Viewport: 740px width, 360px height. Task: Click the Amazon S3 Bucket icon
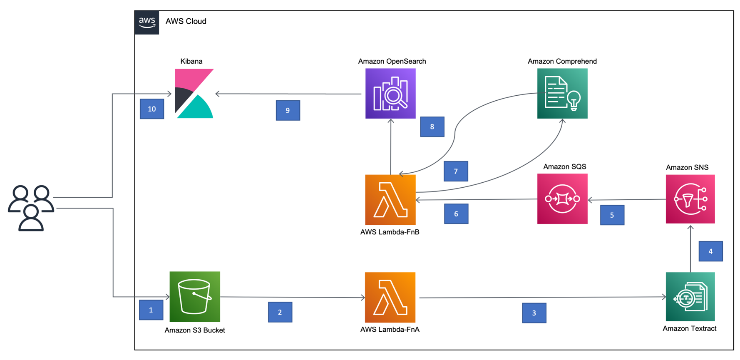tap(195, 296)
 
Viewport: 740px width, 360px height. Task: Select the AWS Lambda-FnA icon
tap(390, 297)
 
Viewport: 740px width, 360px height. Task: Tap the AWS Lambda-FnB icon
tap(390, 200)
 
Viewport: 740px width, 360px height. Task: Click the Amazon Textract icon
tap(690, 296)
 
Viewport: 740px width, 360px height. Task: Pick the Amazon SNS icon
tap(690, 199)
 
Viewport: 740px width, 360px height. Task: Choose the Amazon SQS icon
tap(562, 199)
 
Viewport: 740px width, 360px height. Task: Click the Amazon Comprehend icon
tap(562, 94)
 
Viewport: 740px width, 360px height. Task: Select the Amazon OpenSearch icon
tap(390, 94)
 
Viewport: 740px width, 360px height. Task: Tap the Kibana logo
tap(194, 94)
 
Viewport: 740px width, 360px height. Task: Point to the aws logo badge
tap(147, 22)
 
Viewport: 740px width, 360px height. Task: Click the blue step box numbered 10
tap(152, 109)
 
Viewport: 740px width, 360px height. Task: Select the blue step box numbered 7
tap(456, 171)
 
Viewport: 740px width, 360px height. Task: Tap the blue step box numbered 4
tap(710, 251)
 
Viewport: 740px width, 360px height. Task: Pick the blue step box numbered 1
tap(151, 310)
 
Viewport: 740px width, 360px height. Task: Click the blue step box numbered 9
tap(288, 110)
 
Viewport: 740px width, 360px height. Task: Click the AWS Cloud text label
tap(186, 21)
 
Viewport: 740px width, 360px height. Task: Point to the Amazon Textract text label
tap(689, 328)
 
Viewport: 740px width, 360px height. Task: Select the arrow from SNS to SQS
tap(626, 200)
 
